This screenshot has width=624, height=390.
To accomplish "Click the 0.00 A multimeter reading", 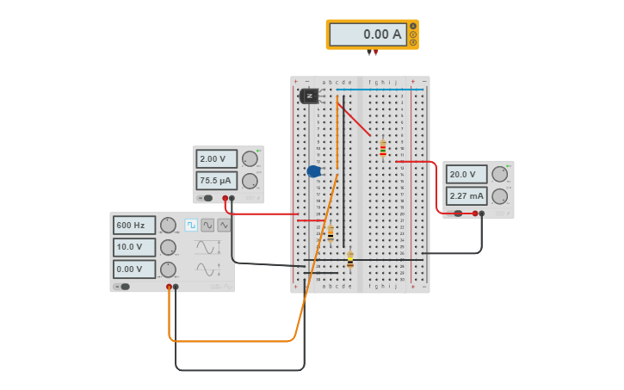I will (x=368, y=34).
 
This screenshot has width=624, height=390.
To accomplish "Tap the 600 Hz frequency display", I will (x=134, y=226).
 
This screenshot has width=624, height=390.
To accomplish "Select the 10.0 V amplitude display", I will (x=134, y=247).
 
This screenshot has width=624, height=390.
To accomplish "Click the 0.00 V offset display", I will (x=134, y=269).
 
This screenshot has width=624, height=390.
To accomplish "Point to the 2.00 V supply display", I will (x=216, y=159).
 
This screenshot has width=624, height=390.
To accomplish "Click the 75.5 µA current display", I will (x=216, y=181).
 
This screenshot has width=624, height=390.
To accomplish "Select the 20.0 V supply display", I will (x=466, y=174).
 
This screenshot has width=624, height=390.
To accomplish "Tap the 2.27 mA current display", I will (x=466, y=195).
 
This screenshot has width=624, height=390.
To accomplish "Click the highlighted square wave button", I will (x=191, y=225).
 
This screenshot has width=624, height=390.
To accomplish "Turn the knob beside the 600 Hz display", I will (x=168, y=226).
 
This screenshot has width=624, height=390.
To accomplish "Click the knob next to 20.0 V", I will (x=499, y=174).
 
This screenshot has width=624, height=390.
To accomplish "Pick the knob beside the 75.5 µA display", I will (x=250, y=181).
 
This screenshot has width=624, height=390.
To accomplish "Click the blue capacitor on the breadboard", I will (x=314, y=171).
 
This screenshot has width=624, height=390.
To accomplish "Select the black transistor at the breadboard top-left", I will (x=309, y=96).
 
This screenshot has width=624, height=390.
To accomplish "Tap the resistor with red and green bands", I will (x=383, y=150).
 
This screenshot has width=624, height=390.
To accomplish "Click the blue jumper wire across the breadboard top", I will (x=379, y=89).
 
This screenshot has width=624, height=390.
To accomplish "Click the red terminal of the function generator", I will (x=169, y=287).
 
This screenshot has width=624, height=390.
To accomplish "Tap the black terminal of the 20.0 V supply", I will (x=482, y=214).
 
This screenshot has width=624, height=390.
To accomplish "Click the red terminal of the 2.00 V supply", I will (x=226, y=198).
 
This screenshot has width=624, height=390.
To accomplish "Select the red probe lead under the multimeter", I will (x=375, y=53).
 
